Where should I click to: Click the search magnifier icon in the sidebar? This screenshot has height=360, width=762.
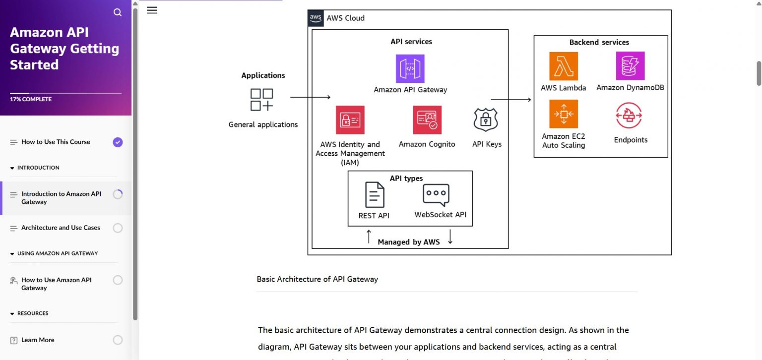pos(118,12)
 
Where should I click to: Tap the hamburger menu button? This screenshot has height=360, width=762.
pos(152,10)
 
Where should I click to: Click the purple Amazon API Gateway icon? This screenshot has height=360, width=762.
pos(410,68)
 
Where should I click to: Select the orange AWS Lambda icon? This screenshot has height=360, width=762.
pos(563,66)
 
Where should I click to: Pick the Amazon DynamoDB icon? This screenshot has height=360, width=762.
pos(630,66)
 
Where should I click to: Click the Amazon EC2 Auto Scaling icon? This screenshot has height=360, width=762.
pos(563,114)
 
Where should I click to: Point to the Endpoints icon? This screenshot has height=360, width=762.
pos(629,116)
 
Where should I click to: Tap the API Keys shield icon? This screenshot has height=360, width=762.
pos(486,120)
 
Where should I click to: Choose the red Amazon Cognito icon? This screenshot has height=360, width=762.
pos(427,120)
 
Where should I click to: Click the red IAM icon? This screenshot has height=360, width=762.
pos(350,120)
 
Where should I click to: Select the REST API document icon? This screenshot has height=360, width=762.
pos(375,195)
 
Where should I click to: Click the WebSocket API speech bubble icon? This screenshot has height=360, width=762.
pos(436,195)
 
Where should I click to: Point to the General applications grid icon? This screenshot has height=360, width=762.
pos(261,100)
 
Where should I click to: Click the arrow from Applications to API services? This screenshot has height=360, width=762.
pos(310,98)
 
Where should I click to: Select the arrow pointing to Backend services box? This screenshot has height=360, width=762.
pos(510,100)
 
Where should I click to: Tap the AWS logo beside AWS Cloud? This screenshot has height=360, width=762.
pos(316,18)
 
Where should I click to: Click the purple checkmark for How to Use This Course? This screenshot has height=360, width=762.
pos(118,142)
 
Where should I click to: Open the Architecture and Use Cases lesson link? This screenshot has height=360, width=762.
pos(61,228)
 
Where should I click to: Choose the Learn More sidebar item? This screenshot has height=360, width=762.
pos(38,340)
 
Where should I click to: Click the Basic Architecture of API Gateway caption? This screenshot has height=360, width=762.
pos(317,279)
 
